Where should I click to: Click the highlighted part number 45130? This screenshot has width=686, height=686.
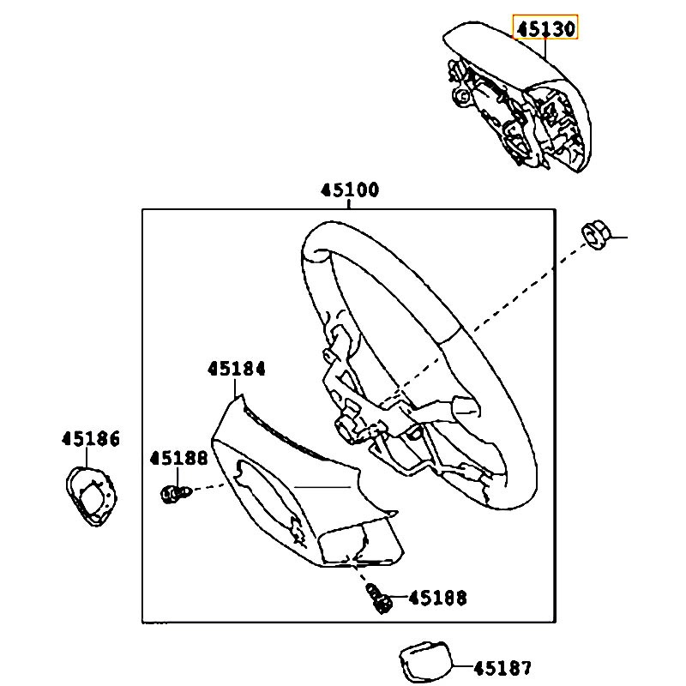pos(545,28)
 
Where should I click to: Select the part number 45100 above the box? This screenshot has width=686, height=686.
pos(350,190)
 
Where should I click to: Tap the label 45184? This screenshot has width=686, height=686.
pos(237,369)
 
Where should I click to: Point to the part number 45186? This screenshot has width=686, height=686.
pos(91,439)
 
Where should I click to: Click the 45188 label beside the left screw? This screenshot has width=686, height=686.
pos(178,458)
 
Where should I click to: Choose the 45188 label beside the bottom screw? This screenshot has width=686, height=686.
pos(437,598)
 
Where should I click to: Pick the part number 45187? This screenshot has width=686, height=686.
pos(502,668)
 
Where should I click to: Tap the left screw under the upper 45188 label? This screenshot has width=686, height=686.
pos(176,494)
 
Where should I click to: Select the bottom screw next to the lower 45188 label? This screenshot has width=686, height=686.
pos(379,599)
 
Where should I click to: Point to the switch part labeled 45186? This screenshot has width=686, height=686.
pos(91,496)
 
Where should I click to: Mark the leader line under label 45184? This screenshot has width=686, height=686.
pos(235,388)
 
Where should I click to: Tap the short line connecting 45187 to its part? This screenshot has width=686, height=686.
pos(462,666)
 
